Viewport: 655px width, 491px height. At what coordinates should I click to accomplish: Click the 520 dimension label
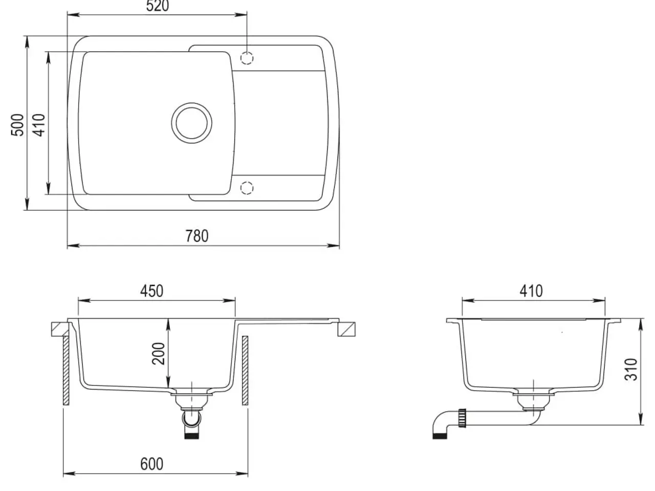157,6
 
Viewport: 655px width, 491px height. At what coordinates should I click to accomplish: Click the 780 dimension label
197,236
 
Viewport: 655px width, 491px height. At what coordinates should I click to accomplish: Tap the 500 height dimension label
17,125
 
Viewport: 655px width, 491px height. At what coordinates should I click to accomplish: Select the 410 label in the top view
39,125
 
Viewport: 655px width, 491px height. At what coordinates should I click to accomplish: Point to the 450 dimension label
151,291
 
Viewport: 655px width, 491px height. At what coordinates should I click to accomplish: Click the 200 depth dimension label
159,353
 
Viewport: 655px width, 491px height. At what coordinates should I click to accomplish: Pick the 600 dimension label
151,464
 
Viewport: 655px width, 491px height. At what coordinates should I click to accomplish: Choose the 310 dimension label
631,370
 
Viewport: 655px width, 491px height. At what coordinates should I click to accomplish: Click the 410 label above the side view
531,291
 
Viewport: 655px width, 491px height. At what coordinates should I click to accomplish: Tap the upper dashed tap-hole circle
247,58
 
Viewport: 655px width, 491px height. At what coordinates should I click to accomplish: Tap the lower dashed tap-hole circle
247,188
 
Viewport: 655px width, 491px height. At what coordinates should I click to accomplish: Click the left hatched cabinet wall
66,370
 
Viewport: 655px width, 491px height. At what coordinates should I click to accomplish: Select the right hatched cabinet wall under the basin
245,370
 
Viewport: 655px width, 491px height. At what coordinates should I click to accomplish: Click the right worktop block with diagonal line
346,329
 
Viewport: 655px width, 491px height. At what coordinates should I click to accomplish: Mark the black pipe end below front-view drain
191,436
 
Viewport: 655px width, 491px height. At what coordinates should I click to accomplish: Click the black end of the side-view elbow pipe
440,436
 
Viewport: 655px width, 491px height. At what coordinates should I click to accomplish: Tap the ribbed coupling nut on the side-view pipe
462,418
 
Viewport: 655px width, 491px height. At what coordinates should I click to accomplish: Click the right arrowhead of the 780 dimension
333,246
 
